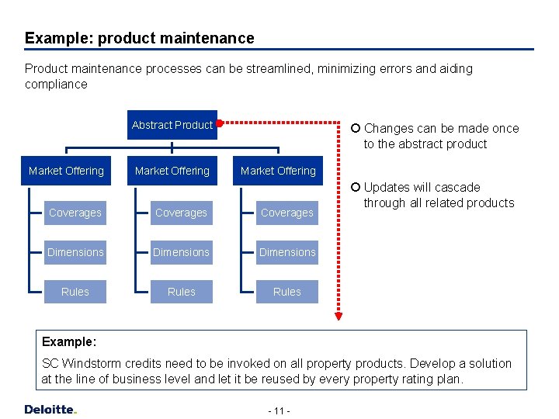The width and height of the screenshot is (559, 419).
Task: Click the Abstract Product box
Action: (x=172, y=125)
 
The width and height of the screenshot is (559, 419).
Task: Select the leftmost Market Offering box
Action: (x=66, y=171)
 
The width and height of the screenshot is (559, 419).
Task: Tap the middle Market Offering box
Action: (x=172, y=171)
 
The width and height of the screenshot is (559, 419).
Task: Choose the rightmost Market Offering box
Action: (x=278, y=171)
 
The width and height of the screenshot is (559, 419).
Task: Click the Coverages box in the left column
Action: (x=75, y=213)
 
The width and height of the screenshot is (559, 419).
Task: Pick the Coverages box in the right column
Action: (x=286, y=213)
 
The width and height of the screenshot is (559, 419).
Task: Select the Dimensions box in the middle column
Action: (x=181, y=252)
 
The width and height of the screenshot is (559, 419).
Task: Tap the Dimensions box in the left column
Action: (x=75, y=252)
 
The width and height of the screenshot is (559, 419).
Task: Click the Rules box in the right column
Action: (x=286, y=292)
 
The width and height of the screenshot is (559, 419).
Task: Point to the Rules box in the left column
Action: (x=75, y=292)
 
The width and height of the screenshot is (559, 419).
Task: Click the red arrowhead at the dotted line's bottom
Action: (x=339, y=315)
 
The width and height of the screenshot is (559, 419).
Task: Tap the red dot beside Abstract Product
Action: (x=220, y=123)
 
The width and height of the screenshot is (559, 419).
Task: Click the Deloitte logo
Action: (x=50, y=409)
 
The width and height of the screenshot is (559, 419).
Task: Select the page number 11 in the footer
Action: (x=279, y=410)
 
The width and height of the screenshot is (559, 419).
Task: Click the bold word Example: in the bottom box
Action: (x=69, y=341)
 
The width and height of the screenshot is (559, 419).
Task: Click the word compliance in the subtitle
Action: (x=56, y=84)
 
